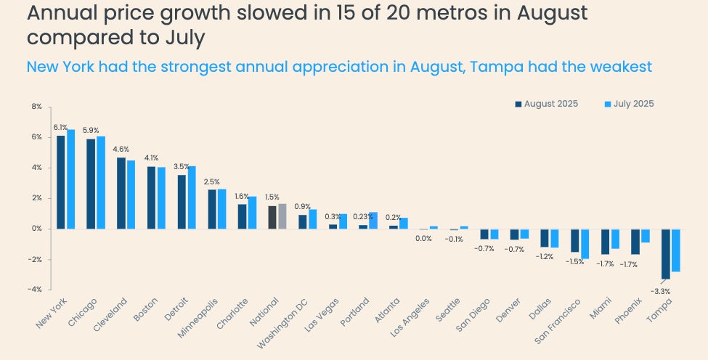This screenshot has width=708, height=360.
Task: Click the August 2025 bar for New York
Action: [61, 182]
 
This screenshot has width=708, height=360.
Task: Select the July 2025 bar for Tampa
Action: [675, 250]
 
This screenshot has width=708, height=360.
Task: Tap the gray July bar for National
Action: [282, 216]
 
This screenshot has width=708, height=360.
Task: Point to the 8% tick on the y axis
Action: [36, 107]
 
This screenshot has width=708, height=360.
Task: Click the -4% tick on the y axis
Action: [35, 290]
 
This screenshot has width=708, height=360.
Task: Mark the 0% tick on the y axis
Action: [36, 229]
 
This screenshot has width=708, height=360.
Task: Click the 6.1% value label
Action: [60, 127]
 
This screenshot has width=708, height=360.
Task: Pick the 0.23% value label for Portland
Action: [361, 216]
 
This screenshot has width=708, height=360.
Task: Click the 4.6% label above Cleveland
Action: [121, 150]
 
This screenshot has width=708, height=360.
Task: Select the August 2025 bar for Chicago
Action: [91, 184]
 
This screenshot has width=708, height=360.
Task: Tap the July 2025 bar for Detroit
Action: [192, 197]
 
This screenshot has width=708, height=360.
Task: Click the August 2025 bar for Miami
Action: [605, 242]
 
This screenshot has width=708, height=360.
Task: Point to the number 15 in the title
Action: [327, 12]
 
